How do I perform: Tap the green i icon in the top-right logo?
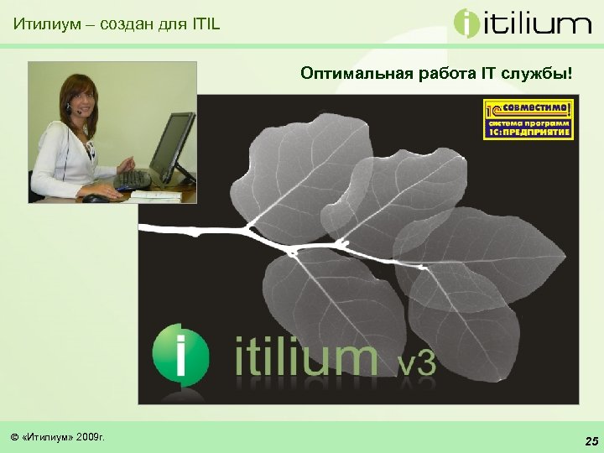click(466, 23)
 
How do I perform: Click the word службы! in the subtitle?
click(539, 74)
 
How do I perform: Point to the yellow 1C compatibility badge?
click(528, 118)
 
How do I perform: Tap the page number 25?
click(591, 440)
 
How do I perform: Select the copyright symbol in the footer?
click(14, 437)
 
